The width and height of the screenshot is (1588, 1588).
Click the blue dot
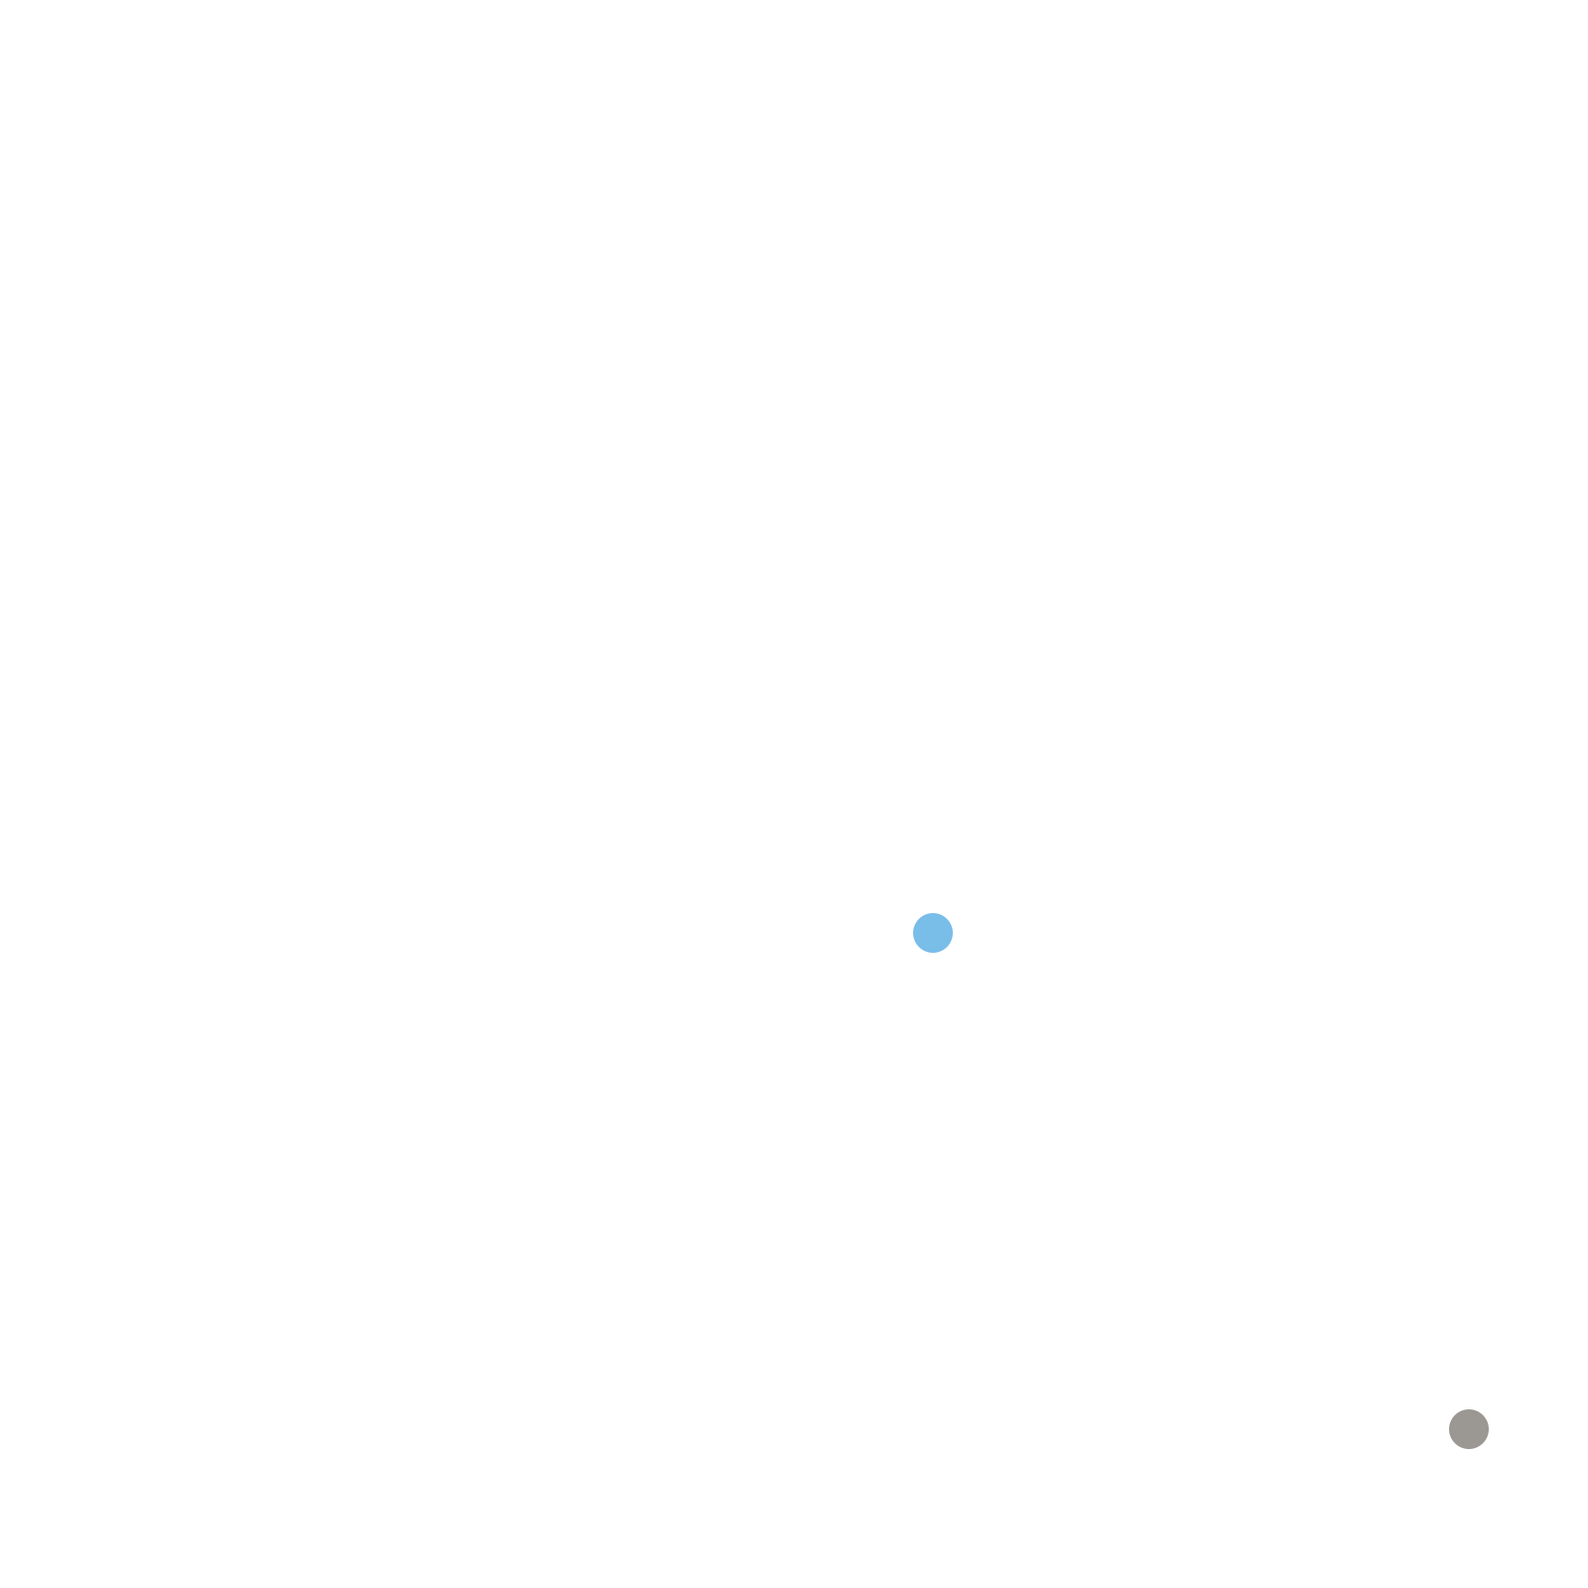coord(933,933)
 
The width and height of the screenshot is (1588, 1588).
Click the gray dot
coord(1469,1429)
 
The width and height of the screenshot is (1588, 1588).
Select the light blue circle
coord(933,933)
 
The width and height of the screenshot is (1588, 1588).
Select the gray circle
coord(1469,1429)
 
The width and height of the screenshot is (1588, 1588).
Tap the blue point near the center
coord(933,933)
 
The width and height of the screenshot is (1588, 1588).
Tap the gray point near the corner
coord(1469,1429)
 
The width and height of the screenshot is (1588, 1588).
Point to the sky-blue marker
coord(933,933)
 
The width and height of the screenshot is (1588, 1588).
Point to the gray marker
coord(1469,1429)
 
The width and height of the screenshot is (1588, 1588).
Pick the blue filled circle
coord(933,933)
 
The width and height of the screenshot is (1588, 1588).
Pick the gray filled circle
coord(1469,1429)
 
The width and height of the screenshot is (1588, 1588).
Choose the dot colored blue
coord(933,933)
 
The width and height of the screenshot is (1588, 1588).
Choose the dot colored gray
coord(1469,1429)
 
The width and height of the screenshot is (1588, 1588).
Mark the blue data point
coord(933,933)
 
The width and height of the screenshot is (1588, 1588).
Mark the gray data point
coord(1469,1429)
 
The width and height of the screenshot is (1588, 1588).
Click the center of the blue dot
coord(933,933)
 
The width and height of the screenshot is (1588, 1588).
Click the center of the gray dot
coord(1469,1429)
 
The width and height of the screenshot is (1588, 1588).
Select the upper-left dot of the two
coord(933,933)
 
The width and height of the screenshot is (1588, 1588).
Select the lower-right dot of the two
coord(1469,1429)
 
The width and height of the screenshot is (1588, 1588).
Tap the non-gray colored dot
coord(933,933)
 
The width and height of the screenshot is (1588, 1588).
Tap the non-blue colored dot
coord(1469,1429)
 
